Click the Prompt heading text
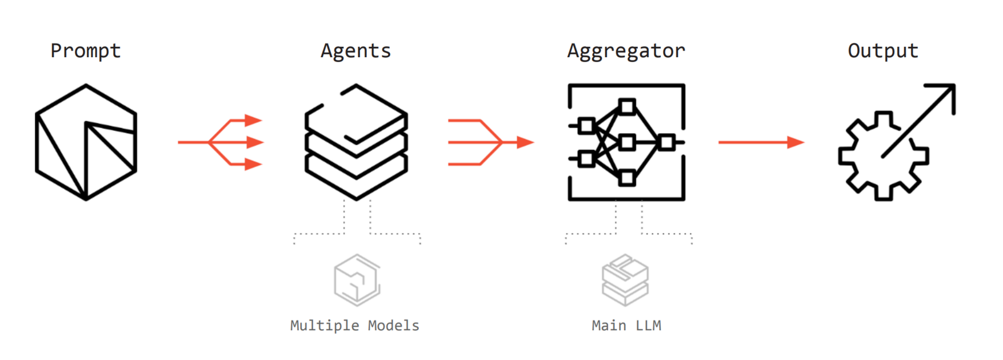pyautogui.click(x=86, y=51)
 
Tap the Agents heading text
pyautogui.click(x=355, y=51)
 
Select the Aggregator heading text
pyautogui.click(x=626, y=51)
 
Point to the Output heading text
pyautogui.click(x=883, y=51)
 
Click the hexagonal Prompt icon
pyautogui.click(x=86, y=142)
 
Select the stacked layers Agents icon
pyautogui.click(x=356, y=142)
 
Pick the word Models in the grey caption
pyautogui.click(x=393, y=326)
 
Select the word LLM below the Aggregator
pyautogui.click(x=648, y=326)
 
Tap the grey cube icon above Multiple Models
pyautogui.click(x=357, y=280)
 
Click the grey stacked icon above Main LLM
pyautogui.click(x=625, y=280)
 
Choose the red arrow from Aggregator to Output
pyautogui.click(x=760, y=142)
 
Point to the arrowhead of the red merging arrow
pyautogui.click(x=525, y=142)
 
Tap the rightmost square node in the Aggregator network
pyautogui.click(x=666, y=142)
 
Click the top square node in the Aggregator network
pyautogui.click(x=627, y=107)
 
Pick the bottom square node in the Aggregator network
pyautogui.click(x=627, y=178)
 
